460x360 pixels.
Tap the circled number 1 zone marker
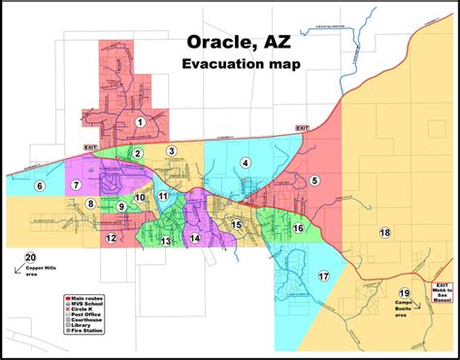tap(141, 122)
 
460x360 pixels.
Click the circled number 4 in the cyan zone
tap(246, 163)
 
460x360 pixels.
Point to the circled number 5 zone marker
tap(314, 180)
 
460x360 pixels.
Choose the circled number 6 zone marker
tap(40, 185)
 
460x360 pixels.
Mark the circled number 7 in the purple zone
tap(75, 184)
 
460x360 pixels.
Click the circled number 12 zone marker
tap(112, 238)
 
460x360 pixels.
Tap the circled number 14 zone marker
tap(195, 238)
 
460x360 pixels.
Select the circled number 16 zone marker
tap(298, 228)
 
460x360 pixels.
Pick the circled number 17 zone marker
tap(323, 277)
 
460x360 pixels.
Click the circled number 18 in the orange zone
tap(385, 233)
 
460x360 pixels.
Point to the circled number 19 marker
tap(405, 293)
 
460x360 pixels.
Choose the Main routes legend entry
tap(85, 297)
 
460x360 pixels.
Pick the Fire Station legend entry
tap(85, 331)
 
